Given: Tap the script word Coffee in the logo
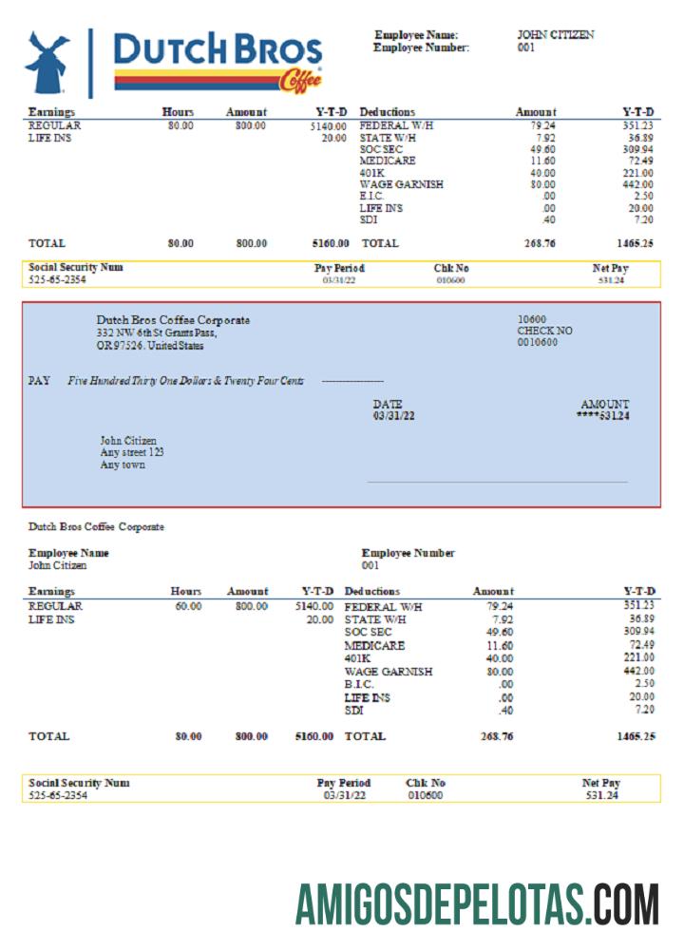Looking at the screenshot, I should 300,83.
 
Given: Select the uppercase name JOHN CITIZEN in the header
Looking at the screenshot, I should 556,35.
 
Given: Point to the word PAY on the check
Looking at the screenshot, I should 39,381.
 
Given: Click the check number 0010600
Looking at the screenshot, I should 537,342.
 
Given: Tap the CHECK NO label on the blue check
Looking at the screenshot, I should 544,331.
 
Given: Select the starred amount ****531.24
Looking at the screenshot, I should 602,416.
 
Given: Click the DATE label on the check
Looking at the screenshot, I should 387,404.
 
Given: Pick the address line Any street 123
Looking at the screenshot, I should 132,453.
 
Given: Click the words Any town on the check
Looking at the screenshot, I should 123,465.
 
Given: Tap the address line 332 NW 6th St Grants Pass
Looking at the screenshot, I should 157,333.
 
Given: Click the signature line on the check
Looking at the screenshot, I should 497,483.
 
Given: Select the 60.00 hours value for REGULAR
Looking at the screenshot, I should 187,606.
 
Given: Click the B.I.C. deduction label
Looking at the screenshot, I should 359,684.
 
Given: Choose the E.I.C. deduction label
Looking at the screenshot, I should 373,196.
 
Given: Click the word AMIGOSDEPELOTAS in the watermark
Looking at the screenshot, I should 443,903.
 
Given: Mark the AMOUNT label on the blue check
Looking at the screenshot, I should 604,404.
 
